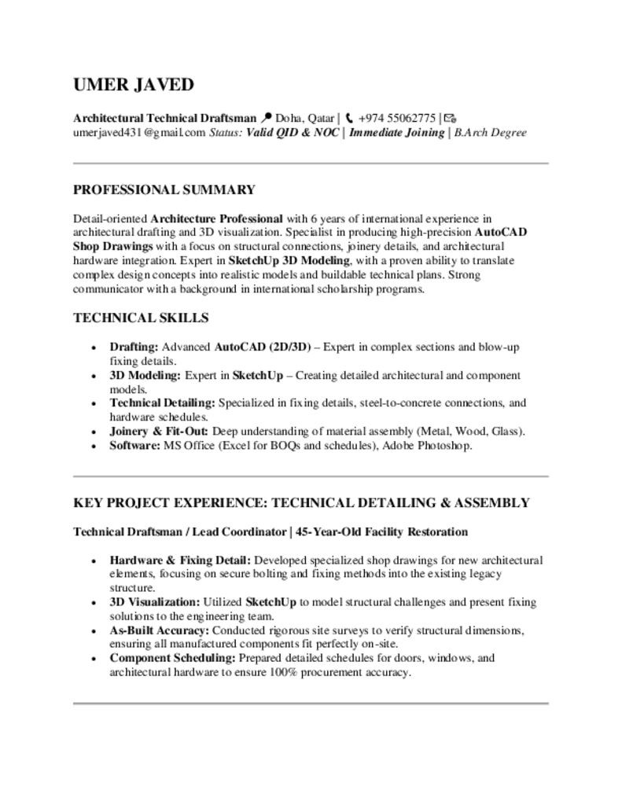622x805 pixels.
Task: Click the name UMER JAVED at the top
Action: [133, 85]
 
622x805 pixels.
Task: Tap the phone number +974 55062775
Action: [396, 118]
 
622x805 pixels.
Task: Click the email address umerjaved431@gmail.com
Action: [139, 132]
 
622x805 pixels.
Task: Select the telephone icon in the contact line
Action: [349, 118]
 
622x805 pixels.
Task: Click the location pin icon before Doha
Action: [266, 118]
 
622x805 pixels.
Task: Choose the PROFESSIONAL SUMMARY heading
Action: [164, 189]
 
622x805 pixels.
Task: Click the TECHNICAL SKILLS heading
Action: [141, 318]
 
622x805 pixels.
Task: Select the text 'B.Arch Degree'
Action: [490, 132]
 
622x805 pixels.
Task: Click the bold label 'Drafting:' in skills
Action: [134, 347]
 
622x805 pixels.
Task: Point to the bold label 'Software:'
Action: [134, 445]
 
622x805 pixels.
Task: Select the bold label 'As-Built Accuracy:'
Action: [159, 630]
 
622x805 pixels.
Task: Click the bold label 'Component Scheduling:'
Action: [172, 658]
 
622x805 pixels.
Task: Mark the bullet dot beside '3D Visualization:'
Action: [94, 603]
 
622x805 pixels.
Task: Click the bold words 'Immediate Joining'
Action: [396, 132]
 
